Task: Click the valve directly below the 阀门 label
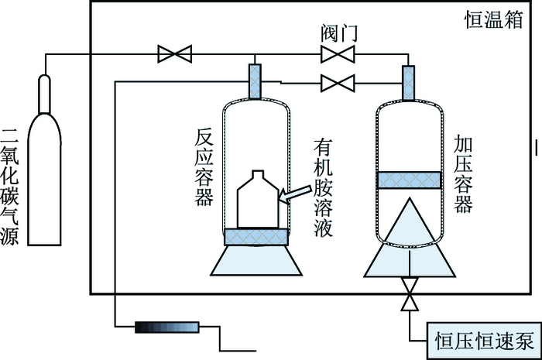pos(337,54)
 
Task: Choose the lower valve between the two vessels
pos(337,81)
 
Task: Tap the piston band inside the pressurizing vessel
pos(409,180)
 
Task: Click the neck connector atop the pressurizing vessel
pos(409,81)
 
